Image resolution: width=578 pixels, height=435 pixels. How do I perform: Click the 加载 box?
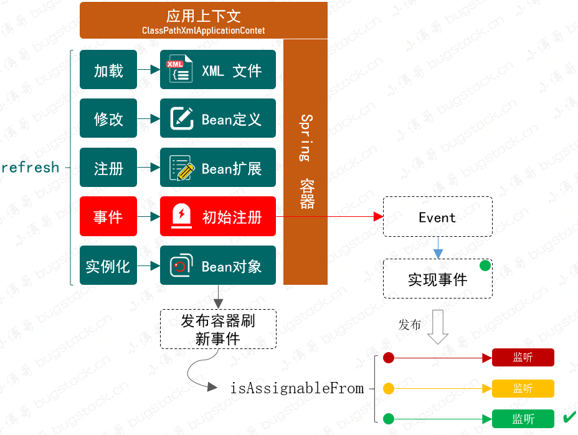(108, 69)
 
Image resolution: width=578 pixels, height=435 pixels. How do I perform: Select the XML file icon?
(180, 69)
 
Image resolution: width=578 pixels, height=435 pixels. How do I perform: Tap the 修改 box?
(108, 118)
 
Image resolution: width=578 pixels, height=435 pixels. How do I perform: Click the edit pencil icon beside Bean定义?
(182, 118)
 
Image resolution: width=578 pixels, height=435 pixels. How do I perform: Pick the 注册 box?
(108, 168)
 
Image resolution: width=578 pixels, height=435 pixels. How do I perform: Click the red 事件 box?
(108, 216)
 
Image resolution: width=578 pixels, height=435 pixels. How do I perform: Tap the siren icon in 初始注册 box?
(182, 216)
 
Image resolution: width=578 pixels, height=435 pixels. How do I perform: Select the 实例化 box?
(108, 265)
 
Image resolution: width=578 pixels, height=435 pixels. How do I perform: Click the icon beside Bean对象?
(181, 265)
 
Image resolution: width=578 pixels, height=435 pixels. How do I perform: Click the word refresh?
(31, 168)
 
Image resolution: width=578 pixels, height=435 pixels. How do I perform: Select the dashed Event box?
(438, 217)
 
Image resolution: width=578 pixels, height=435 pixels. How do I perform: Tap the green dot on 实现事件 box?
(485, 265)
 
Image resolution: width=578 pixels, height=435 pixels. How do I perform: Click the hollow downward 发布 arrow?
(438, 327)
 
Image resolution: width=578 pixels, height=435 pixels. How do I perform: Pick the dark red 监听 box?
(523, 357)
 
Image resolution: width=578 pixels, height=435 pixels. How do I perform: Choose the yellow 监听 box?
(523, 388)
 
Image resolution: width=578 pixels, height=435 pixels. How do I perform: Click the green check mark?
(569, 418)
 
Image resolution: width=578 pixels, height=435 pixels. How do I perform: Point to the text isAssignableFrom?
(297, 388)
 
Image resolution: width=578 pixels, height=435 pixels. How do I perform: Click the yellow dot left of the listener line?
(389, 388)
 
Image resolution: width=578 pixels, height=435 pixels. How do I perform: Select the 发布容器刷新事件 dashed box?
(218, 329)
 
